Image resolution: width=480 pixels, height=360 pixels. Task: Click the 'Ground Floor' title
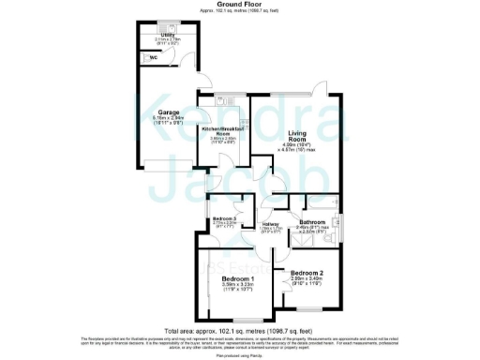[239, 4]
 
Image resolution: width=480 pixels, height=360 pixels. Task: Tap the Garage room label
[169, 112]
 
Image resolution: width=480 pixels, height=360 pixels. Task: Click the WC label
[157, 55]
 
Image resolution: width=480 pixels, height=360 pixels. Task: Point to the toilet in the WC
[145, 55]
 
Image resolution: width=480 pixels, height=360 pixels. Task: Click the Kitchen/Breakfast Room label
[223, 130]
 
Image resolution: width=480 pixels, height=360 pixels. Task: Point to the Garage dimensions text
[169, 120]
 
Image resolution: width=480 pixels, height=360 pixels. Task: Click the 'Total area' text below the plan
[239, 331]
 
